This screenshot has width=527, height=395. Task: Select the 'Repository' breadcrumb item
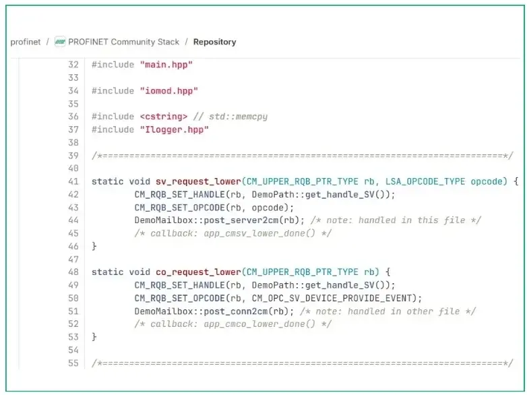pos(214,42)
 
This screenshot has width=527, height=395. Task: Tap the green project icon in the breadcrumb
pos(61,42)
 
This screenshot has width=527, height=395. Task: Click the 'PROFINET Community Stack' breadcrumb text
pos(123,42)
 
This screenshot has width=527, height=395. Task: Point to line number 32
pos(73,65)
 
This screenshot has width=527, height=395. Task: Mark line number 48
pos(73,272)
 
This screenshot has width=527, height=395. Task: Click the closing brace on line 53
pos(94,337)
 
